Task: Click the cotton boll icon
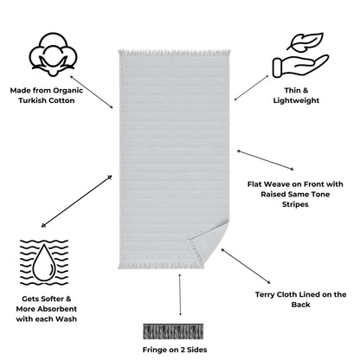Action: [x=53, y=55]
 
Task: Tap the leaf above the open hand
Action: [x=305, y=42]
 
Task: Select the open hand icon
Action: [x=300, y=66]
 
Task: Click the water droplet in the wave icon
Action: [x=44, y=262]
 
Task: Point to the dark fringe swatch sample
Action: [x=173, y=331]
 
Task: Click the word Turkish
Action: [x=32, y=100]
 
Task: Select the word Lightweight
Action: [x=296, y=100]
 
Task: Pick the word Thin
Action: [x=292, y=91]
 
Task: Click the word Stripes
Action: [x=295, y=204]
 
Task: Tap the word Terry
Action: [x=265, y=295]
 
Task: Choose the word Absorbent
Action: [x=58, y=309]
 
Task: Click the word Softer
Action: [x=52, y=299]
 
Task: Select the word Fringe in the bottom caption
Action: [x=155, y=350]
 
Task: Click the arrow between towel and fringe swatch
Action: [x=180, y=294]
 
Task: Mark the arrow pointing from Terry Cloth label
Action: [x=246, y=266]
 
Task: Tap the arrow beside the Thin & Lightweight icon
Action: [x=251, y=87]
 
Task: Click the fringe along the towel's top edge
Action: [x=174, y=53]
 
